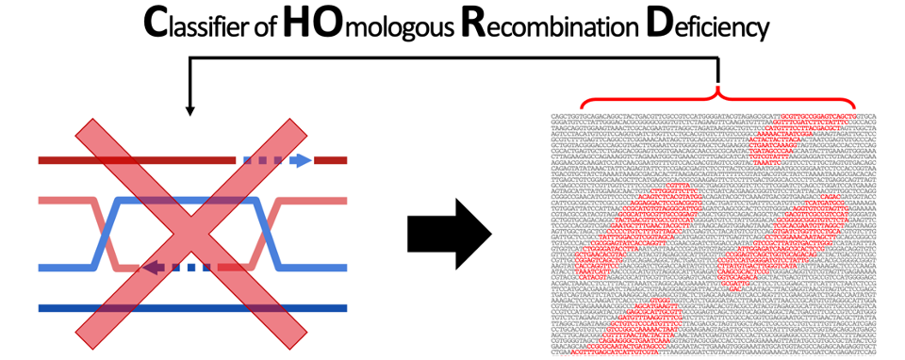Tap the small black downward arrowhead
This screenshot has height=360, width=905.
pyautogui.click(x=191, y=110)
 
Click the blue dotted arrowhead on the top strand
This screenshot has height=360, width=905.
pyautogui.click(x=300, y=160)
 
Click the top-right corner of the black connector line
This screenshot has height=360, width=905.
pyautogui.click(x=719, y=58)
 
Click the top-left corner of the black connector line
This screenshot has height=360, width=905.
pyautogui.click(x=191, y=58)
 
